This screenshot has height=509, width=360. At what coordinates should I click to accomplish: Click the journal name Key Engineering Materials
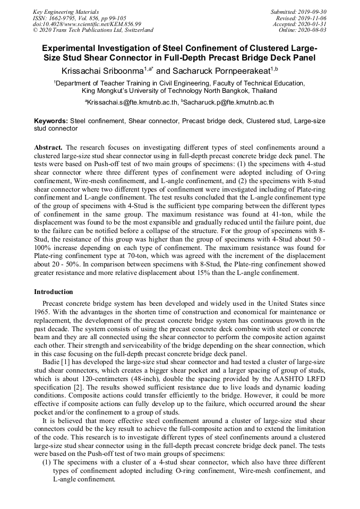[66, 11]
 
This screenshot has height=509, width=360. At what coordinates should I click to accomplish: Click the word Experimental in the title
[75, 48]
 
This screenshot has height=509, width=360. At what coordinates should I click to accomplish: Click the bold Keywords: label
[51, 121]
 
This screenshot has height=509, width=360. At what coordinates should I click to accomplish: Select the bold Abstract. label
[48, 147]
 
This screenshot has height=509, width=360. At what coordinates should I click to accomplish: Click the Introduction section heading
[54, 292]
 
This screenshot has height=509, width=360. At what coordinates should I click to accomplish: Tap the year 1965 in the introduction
[42, 312]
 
